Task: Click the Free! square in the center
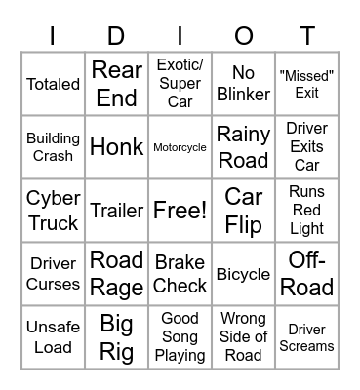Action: click(180, 211)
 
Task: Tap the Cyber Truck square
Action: click(54, 211)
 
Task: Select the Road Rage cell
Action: click(117, 274)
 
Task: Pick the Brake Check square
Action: click(180, 274)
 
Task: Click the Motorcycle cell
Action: click(180, 148)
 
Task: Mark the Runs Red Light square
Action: click(306, 211)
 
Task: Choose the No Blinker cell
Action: click(243, 84)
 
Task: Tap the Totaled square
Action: click(54, 84)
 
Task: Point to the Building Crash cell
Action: click(54, 148)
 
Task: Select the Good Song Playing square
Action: click(180, 337)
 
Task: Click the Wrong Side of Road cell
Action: click(243, 337)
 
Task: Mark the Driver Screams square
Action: click(306, 337)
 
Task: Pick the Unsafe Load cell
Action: click(54, 337)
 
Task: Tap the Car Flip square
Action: click(243, 211)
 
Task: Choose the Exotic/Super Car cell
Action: click(180, 84)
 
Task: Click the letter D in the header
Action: click(117, 36)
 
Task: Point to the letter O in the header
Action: click(243, 36)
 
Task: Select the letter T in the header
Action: click(306, 36)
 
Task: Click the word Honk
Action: click(117, 148)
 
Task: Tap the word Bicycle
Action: click(243, 275)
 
